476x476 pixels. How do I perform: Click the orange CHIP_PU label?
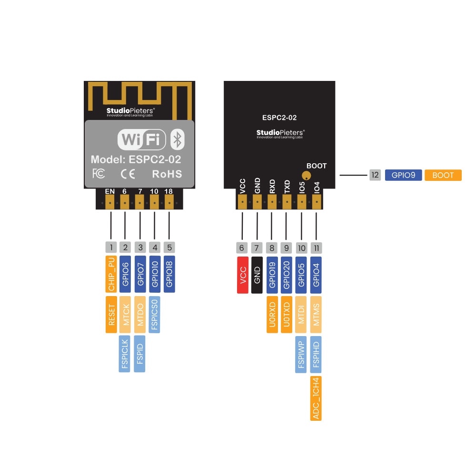pos(111,274)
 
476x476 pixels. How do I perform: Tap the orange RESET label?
pos(111,315)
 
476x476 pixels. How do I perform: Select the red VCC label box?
pos(243,275)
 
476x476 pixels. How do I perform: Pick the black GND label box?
pos(257,275)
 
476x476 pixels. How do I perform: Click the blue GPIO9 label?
pos(404,175)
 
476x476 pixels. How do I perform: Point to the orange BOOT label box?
pos(443,175)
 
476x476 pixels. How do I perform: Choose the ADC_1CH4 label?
pos(316,398)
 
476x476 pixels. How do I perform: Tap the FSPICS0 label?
pos(155,315)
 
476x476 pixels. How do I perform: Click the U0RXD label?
pos(272,315)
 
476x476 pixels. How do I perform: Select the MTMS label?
pos(316,315)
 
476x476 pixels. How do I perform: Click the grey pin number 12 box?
pos(375,175)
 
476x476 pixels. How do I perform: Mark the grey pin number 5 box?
pos(169,248)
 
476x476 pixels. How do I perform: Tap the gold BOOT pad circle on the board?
pos(306,176)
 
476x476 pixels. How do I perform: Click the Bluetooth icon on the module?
pos(178,139)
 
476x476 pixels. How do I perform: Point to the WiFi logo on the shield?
pos(142,139)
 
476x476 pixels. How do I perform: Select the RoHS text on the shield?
pos(167,174)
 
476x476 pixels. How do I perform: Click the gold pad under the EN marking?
pos(110,202)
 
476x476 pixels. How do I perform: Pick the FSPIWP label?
pos(301,355)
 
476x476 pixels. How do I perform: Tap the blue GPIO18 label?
pos(169,274)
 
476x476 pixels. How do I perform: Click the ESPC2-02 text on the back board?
pos(279,118)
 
